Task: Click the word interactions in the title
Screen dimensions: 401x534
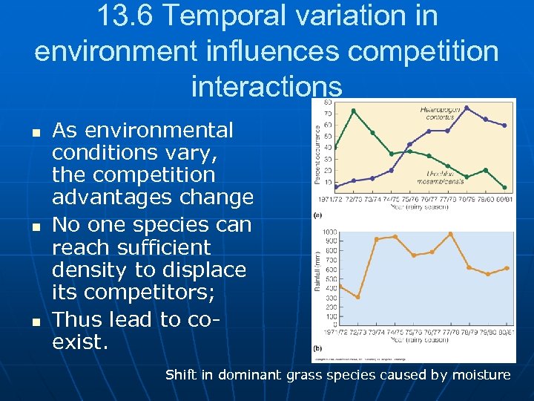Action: click(267, 85)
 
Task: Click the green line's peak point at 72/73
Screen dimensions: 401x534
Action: click(353, 111)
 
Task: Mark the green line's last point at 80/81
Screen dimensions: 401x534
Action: click(505, 187)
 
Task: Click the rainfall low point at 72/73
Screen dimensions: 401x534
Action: click(357, 297)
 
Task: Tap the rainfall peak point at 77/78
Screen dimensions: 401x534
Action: click(450, 234)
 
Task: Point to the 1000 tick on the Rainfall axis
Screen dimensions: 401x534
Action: click(329, 232)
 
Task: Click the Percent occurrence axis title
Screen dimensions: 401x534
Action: click(317, 146)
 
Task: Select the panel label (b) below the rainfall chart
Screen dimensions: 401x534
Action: click(318, 347)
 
